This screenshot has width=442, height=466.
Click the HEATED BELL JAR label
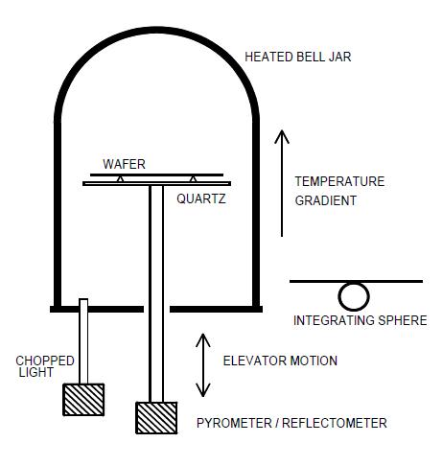coord(298,57)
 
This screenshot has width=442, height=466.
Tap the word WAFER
coord(124,164)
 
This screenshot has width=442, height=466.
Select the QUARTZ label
coord(201,198)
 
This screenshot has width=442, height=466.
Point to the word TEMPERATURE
coord(339,181)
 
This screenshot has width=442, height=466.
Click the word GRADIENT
coord(325,200)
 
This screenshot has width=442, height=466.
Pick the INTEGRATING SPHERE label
coord(361,320)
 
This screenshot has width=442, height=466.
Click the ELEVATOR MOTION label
coord(280,361)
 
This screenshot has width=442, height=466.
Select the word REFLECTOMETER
coord(335,423)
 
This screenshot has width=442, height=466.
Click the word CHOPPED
coord(45,361)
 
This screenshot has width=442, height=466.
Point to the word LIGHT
coord(35,372)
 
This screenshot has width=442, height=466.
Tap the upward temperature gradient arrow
coord(282,183)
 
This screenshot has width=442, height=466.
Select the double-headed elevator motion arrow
coord(203,365)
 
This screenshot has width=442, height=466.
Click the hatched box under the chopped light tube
coord(83,400)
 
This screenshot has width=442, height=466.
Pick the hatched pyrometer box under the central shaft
coord(156,418)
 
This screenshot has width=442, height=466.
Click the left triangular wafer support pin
coord(120,179)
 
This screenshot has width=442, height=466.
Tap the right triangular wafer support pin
coord(193,179)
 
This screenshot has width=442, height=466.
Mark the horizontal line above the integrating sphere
coord(356,282)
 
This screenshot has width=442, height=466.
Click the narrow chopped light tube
coord(83,341)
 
